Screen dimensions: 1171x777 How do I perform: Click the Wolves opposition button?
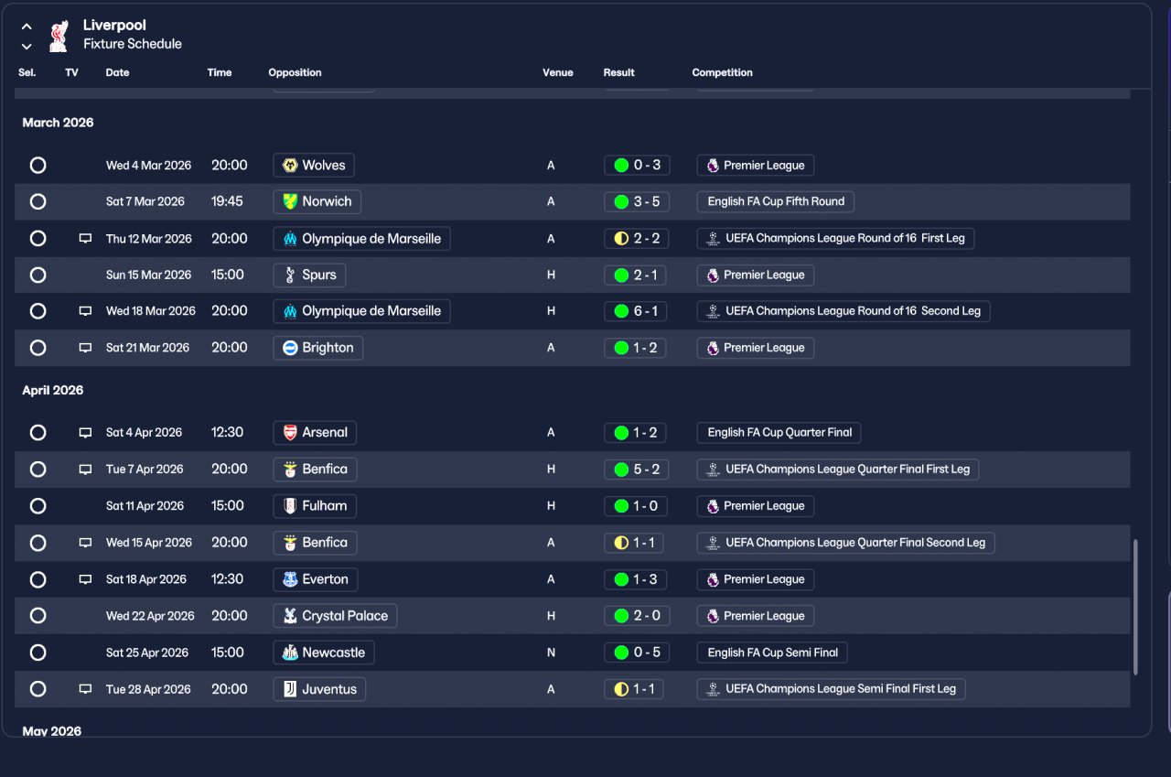[314, 166]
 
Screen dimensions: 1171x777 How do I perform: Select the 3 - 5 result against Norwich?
[637, 202]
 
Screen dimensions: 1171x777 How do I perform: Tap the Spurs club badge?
[290, 275]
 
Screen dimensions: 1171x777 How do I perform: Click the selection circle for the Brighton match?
[38, 348]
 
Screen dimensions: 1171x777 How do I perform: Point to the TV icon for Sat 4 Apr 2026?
[85, 432]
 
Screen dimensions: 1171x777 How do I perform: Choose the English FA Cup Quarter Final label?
[779, 432]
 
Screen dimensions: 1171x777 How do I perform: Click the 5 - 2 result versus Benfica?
[637, 469]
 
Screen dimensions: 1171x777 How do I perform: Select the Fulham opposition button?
[315, 506]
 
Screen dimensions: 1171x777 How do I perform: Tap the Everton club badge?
[290, 579]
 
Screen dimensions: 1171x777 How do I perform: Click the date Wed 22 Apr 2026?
[150, 616]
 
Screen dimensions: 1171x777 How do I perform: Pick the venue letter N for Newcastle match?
[551, 653]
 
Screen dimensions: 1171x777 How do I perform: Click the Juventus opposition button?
[319, 689]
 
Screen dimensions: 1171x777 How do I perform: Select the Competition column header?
[722, 72]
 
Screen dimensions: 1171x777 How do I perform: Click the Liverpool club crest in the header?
[59, 36]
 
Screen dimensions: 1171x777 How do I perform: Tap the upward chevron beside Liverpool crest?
[27, 27]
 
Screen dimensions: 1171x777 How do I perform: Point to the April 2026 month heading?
[53, 390]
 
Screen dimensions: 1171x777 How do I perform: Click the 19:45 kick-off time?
[227, 201]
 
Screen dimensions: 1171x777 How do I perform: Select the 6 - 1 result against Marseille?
[637, 311]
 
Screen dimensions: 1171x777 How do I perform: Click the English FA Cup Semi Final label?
[772, 653]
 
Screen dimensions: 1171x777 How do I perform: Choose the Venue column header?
[558, 72]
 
